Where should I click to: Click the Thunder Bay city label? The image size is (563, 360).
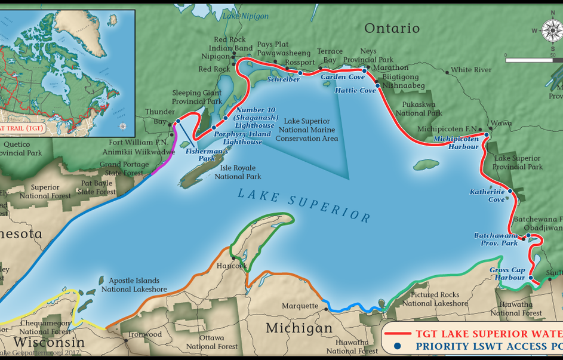click(160, 116)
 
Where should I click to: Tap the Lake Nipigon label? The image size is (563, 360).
click(245, 16)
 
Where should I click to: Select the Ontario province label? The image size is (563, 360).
click(392, 28)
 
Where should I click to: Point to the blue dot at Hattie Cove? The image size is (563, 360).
click(377, 85)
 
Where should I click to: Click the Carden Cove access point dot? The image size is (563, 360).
click(364, 70)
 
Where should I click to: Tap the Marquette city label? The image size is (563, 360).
click(300, 306)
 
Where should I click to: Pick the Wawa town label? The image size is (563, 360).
click(502, 123)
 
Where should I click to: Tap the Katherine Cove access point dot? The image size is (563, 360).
click(510, 191)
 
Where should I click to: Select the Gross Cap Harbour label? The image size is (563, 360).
click(507, 273)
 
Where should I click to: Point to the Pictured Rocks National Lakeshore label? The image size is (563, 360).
click(435, 299)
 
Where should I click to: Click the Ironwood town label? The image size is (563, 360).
click(144, 334)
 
